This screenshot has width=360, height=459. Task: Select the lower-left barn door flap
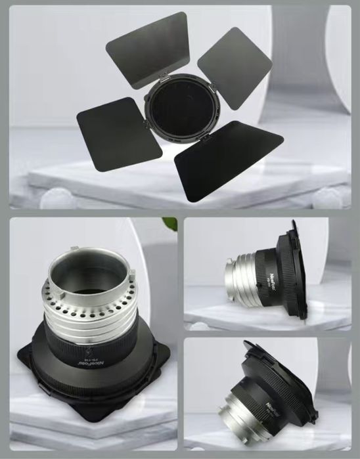[120, 133]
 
